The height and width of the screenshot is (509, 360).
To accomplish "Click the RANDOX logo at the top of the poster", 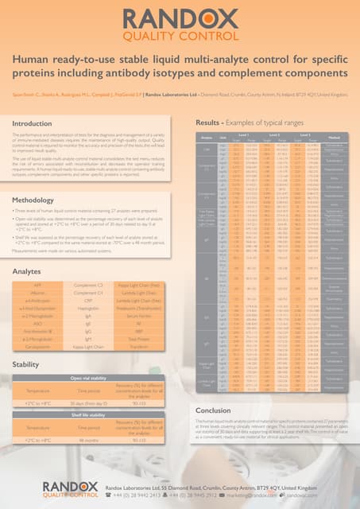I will pyautogui.click(x=179, y=21).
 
